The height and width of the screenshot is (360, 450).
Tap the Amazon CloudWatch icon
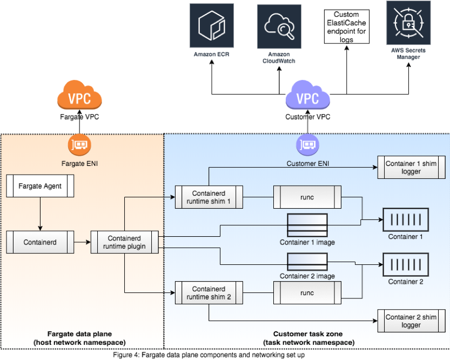coord(279,25)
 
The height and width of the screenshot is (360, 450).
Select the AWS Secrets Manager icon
coord(408,23)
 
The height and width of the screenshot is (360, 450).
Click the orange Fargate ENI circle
coord(80,144)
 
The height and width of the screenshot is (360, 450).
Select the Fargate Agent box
coord(39,186)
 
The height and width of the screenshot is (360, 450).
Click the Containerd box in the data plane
coord(39,242)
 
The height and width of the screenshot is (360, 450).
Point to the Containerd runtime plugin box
coord(125,242)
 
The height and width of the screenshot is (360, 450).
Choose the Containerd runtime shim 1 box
coord(209,197)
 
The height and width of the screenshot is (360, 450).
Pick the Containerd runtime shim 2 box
coord(209,293)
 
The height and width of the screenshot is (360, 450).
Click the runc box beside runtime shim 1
coord(306,197)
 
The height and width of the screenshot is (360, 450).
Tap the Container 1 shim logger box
coord(411,167)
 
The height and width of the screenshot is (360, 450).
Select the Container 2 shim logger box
coord(411,321)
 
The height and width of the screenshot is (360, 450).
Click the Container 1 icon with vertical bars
coord(405,219)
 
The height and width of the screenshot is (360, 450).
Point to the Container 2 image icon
coord(307,261)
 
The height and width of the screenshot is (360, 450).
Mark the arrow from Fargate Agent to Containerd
coord(39,213)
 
